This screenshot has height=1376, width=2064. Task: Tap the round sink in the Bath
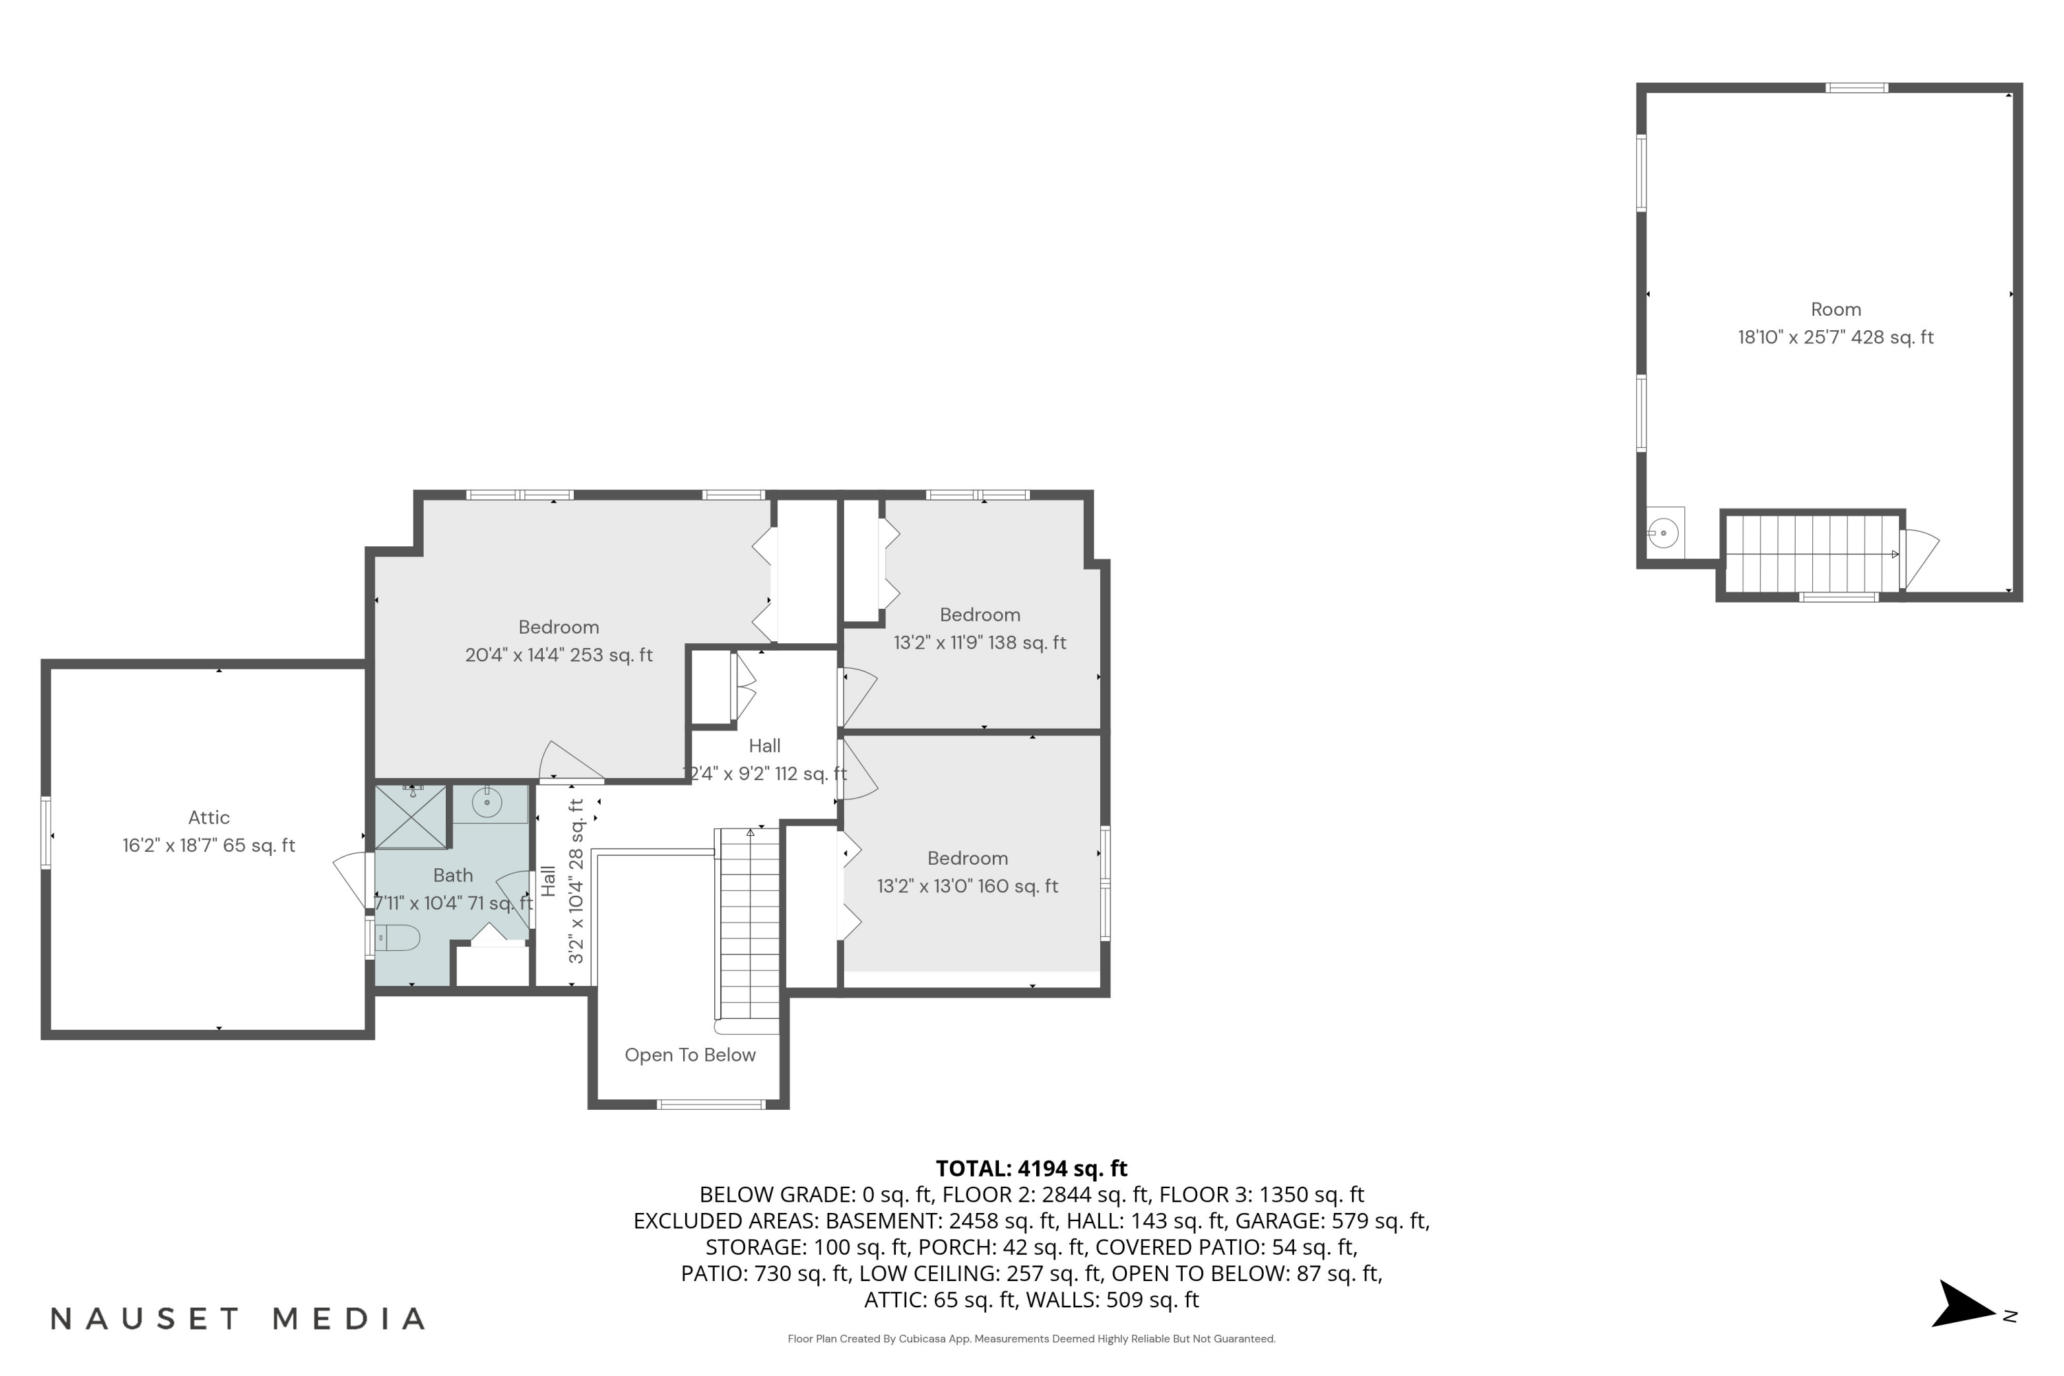[486, 802]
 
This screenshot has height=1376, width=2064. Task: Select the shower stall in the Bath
[411, 817]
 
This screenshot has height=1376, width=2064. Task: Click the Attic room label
[209, 818]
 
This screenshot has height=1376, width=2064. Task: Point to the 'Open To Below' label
[690, 1055]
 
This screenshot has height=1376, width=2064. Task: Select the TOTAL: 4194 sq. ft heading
[1031, 1168]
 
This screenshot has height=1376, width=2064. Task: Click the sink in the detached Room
[1663, 533]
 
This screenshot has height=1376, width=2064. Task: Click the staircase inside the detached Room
[1812, 554]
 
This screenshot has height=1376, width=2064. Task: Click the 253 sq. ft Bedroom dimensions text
[559, 655]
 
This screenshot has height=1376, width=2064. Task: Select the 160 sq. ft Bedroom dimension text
[967, 886]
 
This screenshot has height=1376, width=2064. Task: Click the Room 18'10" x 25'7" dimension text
[1835, 337]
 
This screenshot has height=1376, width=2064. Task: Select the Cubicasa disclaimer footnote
[1031, 1338]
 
